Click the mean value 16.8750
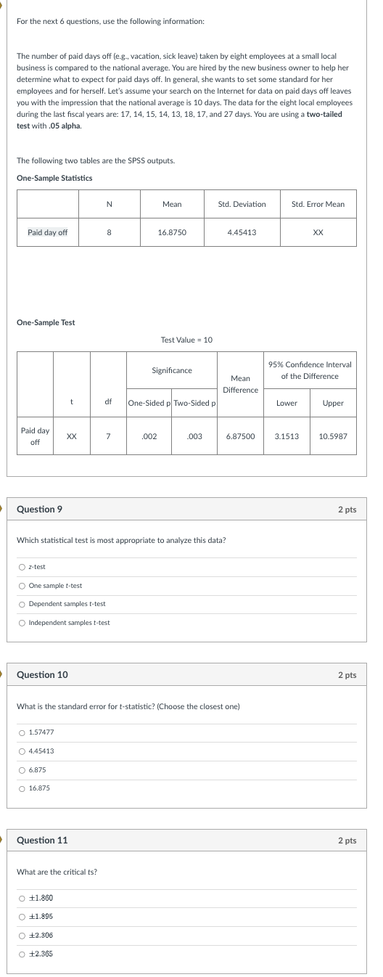click(172, 232)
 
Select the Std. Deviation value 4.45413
click(242, 232)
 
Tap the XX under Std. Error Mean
click(318, 232)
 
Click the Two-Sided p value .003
click(194, 436)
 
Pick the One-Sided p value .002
click(149, 436)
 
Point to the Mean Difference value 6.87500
click(240, 436)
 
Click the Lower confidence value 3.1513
click(287, 436)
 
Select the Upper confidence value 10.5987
click(333, 436)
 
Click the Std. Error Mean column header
click(318, 204)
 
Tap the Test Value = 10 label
click(186, 340)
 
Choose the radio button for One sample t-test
click(22, 586)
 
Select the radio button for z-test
click(22, 567)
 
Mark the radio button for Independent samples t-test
click(22, 623)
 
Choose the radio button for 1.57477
click(22, 732)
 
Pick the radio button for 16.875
click(22, 788)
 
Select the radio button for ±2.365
click(22, 954)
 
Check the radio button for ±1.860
click(22, 898)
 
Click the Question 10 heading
click(42, 674)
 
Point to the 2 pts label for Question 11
click(347, 841)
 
